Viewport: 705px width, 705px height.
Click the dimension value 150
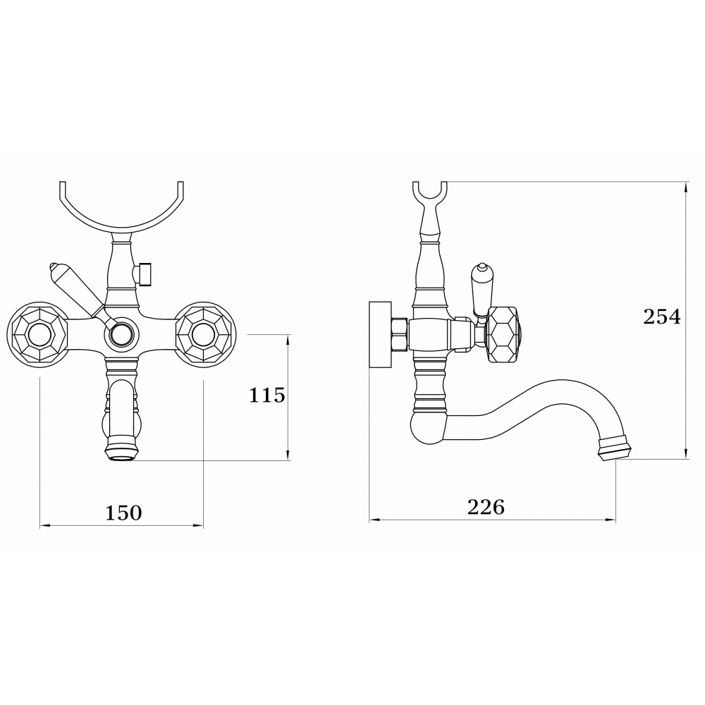coord(123,513)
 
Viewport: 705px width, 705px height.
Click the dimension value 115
coord(267,396)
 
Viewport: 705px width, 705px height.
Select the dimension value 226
coord(486,508)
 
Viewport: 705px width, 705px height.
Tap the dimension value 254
coord(662,317)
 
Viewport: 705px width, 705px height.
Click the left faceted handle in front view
coord(37,335)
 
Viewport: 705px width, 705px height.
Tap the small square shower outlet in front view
coord(143,272)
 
